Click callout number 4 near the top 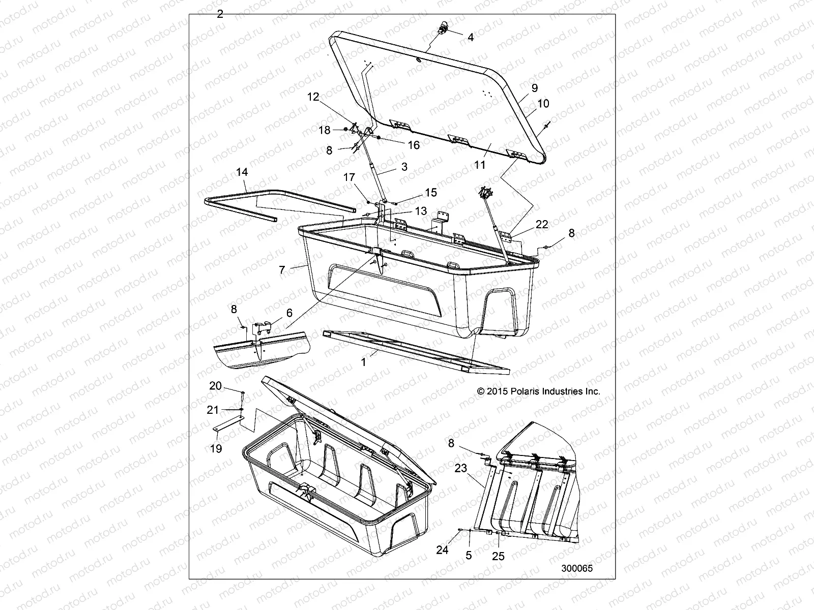click(x=470, y=37)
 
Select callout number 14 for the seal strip click(x=242, y=172)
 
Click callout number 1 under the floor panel click(x=363, y=363)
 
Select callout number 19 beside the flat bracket click(x=216, y=449)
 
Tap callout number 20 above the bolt click(x=216, y=386)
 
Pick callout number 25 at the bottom click(x=499, y=557)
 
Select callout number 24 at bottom click(x=443, y=550)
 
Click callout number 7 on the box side click(x=282, y=269)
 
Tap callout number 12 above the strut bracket click(x=313, y=97)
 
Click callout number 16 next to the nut click(x=414, y=145)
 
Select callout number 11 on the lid click(x=480, y=165)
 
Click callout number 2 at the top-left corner click(x=220, y=14)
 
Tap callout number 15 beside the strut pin click(x=431, y=193)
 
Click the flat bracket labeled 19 click(x=226, y=424)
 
